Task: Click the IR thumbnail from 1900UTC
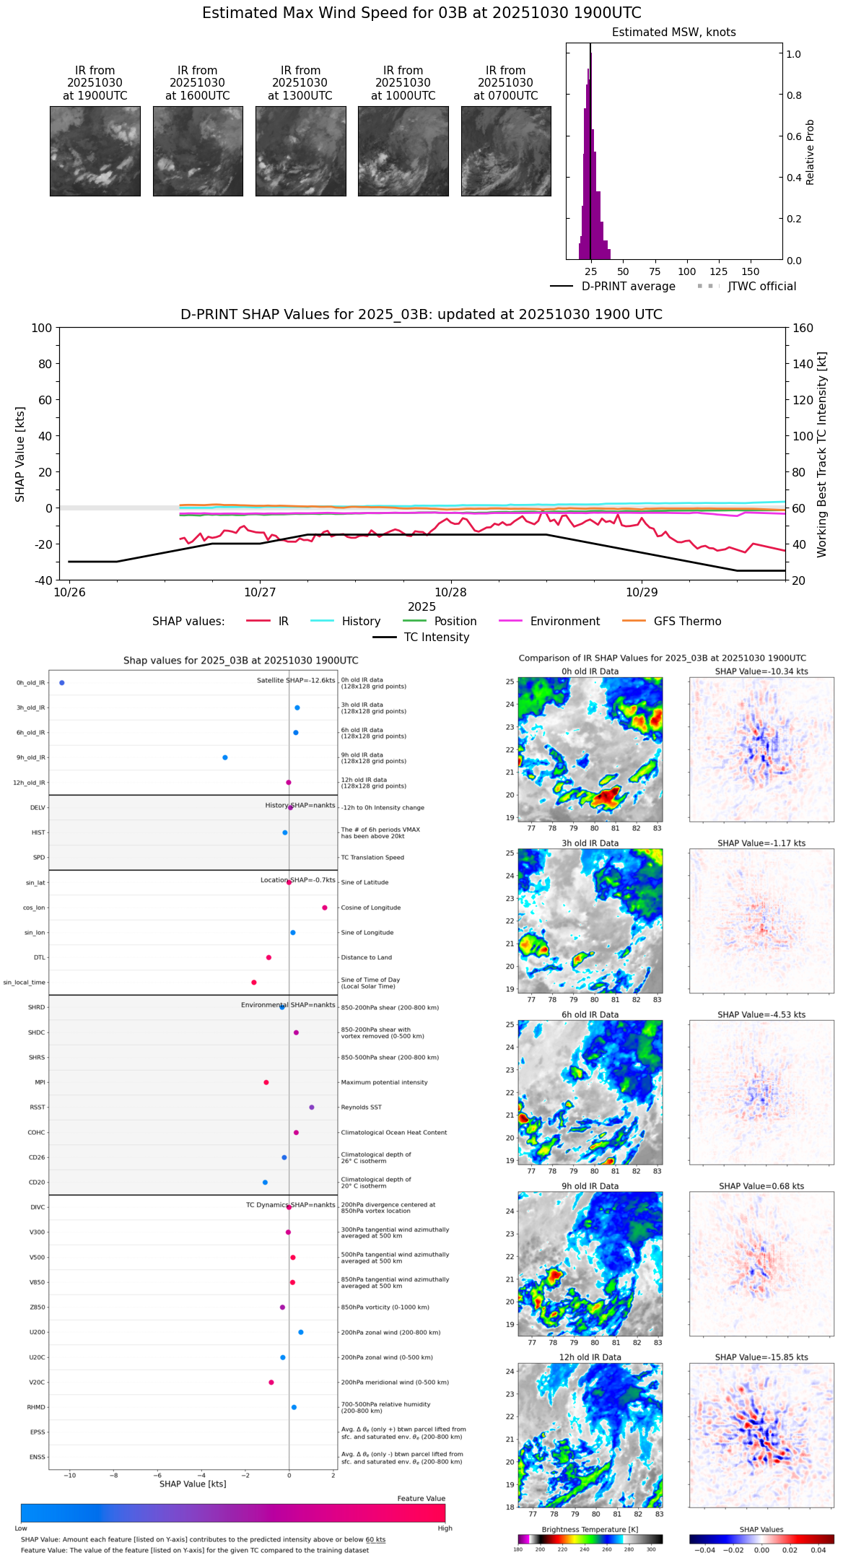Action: point(95,151)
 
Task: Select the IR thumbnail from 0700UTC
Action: point(506,151)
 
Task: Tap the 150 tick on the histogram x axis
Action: point(751,271)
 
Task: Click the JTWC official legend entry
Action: point(761,287)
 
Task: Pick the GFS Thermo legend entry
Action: point(687,622)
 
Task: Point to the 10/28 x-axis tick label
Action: point(451,593)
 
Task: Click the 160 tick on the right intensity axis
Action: point(803,328)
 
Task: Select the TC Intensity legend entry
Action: point(436,637)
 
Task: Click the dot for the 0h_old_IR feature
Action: point(62,683)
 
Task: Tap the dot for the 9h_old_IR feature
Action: point(225,757)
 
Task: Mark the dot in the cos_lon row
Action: point(325,908)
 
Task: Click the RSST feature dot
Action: point(312,1107)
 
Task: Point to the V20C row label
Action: point(37,1383)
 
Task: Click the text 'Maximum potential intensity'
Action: point(384,1082)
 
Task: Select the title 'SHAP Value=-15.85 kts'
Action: point(761,1357)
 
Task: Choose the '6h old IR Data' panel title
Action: point(590,1014)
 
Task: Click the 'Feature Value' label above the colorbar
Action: point(421,1499)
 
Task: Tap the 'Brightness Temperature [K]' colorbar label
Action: point(590,1529)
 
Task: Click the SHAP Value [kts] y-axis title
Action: point(20,454)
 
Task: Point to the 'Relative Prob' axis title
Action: point(811,152)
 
